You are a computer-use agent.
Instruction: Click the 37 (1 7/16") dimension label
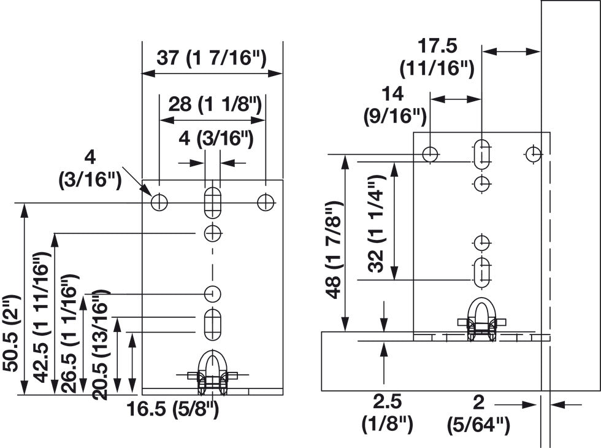coord(212,58)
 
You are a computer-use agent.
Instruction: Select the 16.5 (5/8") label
coord(174,409)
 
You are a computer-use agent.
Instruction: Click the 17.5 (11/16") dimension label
coord(437,57)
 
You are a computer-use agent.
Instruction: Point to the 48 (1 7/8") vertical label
coord(333,249)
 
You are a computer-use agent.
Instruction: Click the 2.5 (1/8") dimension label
coord(387,413)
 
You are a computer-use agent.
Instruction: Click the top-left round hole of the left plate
coord(159,202)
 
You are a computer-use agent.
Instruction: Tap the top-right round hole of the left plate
coord(266,202)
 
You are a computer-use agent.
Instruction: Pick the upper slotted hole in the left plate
coord(212,202)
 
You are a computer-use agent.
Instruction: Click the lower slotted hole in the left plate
coord(212,325)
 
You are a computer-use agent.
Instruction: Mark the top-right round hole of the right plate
coord(534,153)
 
